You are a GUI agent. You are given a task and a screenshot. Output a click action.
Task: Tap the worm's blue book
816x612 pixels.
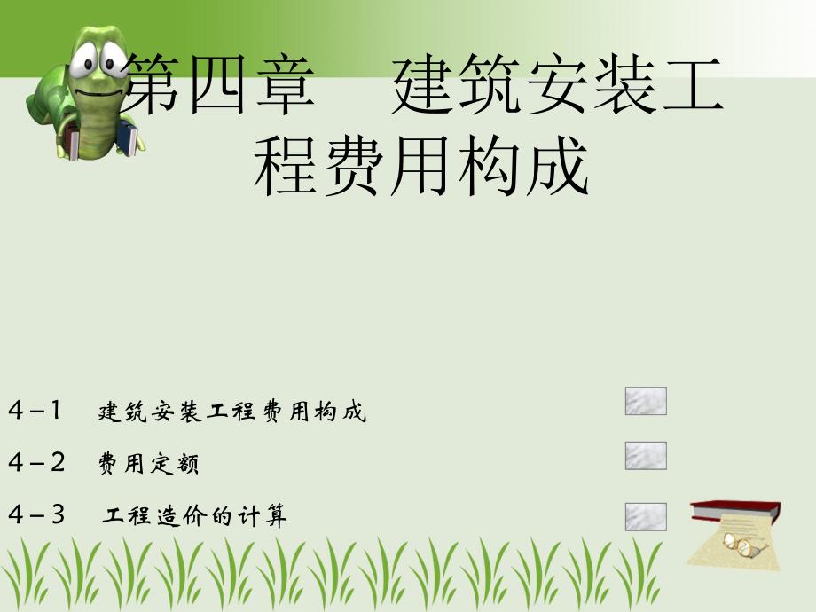(129, 139)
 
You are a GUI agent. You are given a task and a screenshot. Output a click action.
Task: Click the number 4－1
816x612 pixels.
(36, 411)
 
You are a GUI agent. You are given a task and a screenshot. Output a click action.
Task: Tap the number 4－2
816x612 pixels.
(36, 462)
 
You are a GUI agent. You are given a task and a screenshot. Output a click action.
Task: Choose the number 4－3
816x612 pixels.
(36, 514)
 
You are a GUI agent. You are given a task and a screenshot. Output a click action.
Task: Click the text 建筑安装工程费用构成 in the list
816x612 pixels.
(232, 412)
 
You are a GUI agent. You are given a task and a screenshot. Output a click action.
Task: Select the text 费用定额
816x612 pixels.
(149, 464)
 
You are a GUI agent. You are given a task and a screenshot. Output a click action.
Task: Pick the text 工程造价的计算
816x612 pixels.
(195, 516)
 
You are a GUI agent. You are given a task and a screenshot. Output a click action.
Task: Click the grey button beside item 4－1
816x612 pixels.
(646, 402)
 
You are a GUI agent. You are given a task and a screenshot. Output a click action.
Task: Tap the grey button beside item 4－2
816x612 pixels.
(646, 456)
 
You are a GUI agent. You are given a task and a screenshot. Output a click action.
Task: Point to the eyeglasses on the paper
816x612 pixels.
(743, 545)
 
